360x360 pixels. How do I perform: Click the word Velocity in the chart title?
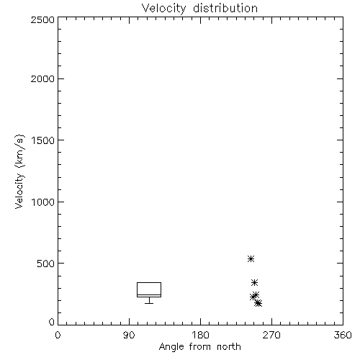pos(164,9)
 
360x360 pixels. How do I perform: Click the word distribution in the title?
pos(225,8)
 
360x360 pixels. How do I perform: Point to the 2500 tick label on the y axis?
pos(42,19)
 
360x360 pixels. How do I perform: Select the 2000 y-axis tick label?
pos(42,78)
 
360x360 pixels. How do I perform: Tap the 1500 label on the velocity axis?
pos(43,140)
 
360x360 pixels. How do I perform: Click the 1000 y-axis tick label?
pos(43,202)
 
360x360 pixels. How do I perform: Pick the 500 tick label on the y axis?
pos(46,264)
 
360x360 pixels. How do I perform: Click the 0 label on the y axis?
pos(52,322)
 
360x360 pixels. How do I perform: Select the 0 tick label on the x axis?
pos(58,335)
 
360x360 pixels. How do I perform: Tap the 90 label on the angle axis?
pos(129,335)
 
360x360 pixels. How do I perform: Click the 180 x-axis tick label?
pos(200,335)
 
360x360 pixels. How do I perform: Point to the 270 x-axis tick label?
pos(271,335)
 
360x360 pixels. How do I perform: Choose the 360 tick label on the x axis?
pos(343,335)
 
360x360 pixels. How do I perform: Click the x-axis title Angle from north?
pos(200,347)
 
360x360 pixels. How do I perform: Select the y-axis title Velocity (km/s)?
pos(19,171)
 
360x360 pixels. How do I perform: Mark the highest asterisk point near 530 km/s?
pos(251,259)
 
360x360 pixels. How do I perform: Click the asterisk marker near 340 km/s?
pos(254,283)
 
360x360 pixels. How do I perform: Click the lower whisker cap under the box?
pos(149,304)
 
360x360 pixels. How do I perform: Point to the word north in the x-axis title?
pos(229,346)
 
